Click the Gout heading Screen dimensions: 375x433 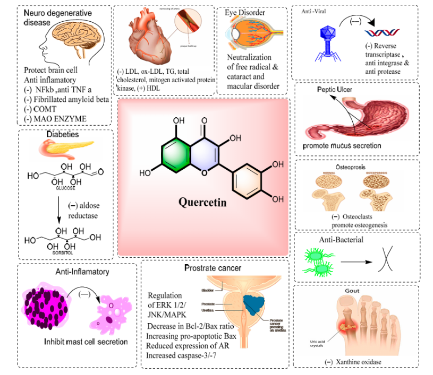[352, 291]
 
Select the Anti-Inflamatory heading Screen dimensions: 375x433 [82, 272]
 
